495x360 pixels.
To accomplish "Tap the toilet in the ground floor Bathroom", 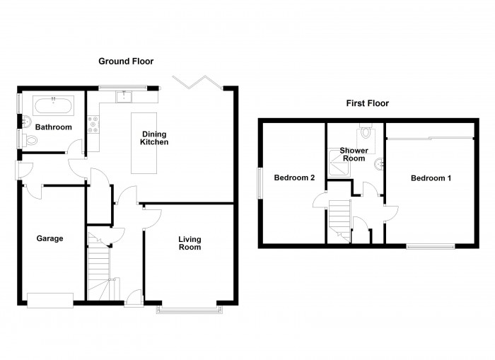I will pyautogui.click(x=29, y=139).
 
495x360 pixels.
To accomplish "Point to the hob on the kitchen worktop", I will pyautogui.click(x=92, y=125).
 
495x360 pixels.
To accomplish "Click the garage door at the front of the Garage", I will pyautogui.click(x=49, y=300).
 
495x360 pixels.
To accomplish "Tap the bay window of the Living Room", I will pyautogui.click(x=187, y=308).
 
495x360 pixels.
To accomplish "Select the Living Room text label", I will pyautogui.click(x=189, y=243).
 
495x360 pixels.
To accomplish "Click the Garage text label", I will pyautogui.click(x=49, y=238).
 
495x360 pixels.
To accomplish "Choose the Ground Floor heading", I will pyautogui.click(x=125, y=62).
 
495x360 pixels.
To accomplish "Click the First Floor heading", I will pyautogui.click(x=367, y=103).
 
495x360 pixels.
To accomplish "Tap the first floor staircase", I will pyautogui.click(x=339, y=215).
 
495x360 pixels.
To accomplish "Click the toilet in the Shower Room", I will pyautogui.click(x=366, y=132).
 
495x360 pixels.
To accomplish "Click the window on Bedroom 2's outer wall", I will pyautogui.click(x=260, y=184).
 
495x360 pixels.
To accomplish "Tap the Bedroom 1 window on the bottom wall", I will pyautogui.click(x=430, y=245).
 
